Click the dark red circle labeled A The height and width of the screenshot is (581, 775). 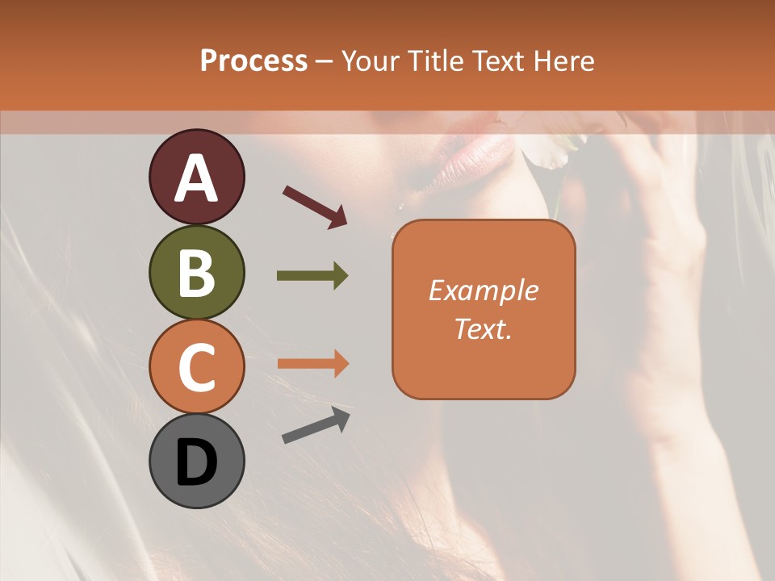(x=196, y=177)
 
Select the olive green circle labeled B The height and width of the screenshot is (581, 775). (x=196, y=272)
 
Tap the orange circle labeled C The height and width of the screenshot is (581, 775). (x=196, y=366)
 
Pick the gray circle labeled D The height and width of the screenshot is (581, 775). (x=196, y=461)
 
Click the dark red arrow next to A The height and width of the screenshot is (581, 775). (x=315, y=207)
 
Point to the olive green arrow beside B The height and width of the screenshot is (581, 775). (x=312, y=276)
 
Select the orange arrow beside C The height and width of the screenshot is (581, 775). (x=312, y=363)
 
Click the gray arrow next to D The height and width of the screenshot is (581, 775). (x=316, y=425)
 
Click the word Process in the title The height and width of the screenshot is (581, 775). (x=253, y=61)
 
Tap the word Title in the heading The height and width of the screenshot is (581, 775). (x=432, y=61)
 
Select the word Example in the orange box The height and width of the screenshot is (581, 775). (x=483, y=290)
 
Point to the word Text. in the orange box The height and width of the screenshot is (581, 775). (x=483, y=328)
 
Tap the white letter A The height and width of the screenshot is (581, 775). (x=196, y=178)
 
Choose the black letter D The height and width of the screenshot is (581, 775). (x=196, y=462)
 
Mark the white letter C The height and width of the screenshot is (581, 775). (x=196, y=367)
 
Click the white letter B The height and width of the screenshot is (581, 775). (x=196, y=273)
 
